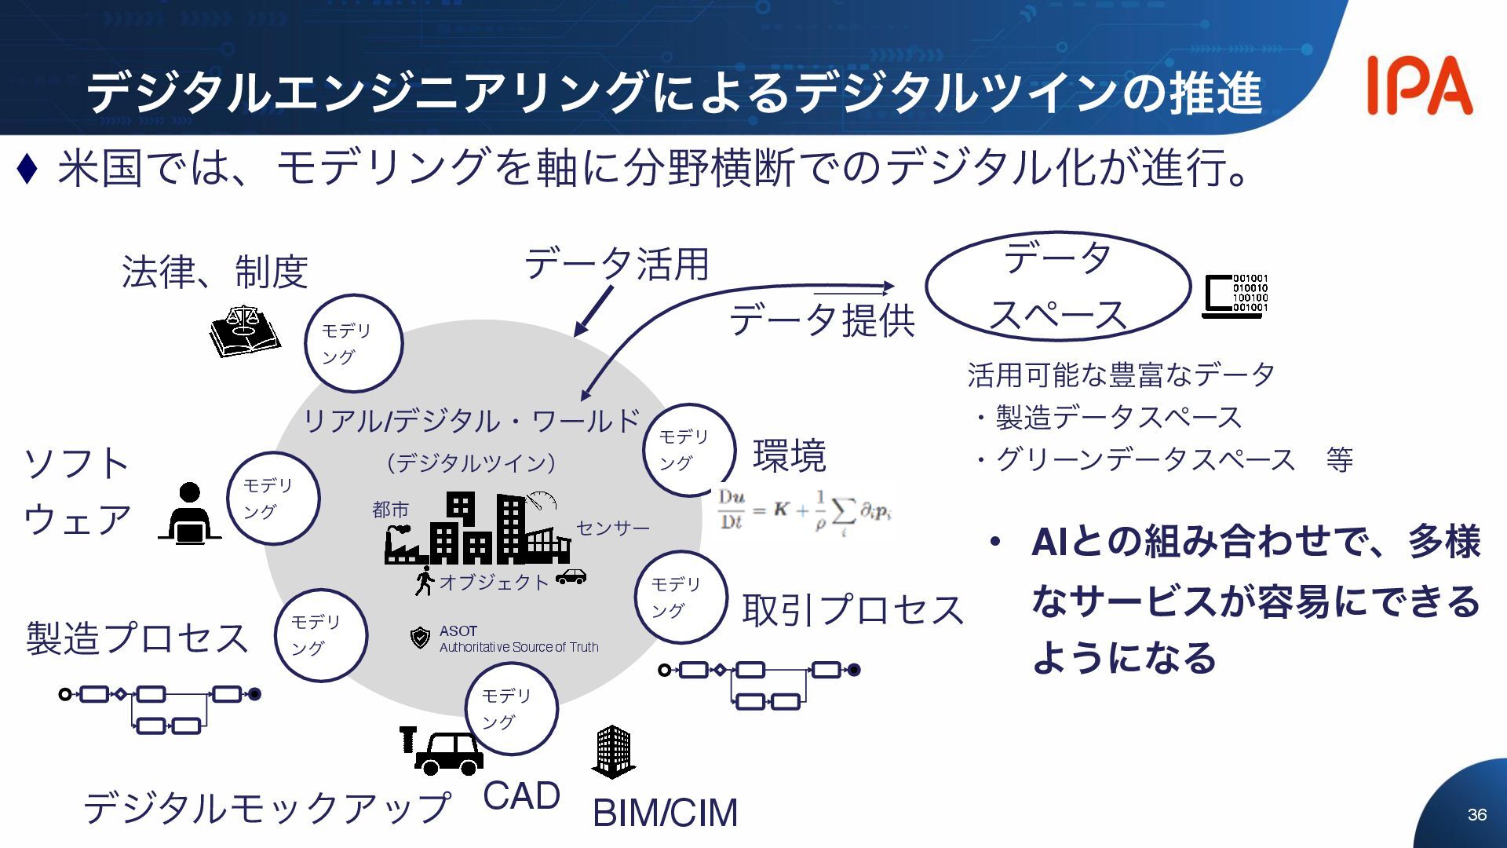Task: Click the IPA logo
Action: coord(1419,86)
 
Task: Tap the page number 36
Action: coord(1476,814)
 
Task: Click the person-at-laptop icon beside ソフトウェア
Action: coord(189,514)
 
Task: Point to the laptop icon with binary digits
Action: coord(1235,295)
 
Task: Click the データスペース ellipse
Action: coord(1057,287)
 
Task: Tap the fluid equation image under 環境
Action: coord(805,511)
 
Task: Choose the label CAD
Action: coord(521,795)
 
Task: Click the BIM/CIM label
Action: coord(665,813)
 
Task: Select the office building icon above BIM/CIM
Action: coord(613,751)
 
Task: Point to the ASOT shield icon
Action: coord(421,638)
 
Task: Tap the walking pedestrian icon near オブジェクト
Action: coord(424,580)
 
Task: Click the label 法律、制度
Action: coord(214,272)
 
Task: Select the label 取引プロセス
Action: coord(852,610)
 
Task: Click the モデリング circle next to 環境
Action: coord(688,450)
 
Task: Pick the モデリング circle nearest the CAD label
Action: coord(511,709)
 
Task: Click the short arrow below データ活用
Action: coord(593,311)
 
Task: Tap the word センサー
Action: coord(613,528)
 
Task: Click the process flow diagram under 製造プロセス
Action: coord(160,708)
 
